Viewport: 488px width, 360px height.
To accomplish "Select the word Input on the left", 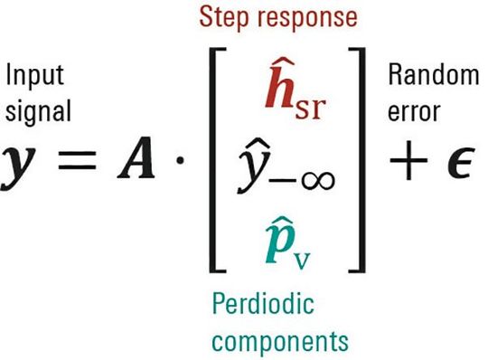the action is tap(34, 76).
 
